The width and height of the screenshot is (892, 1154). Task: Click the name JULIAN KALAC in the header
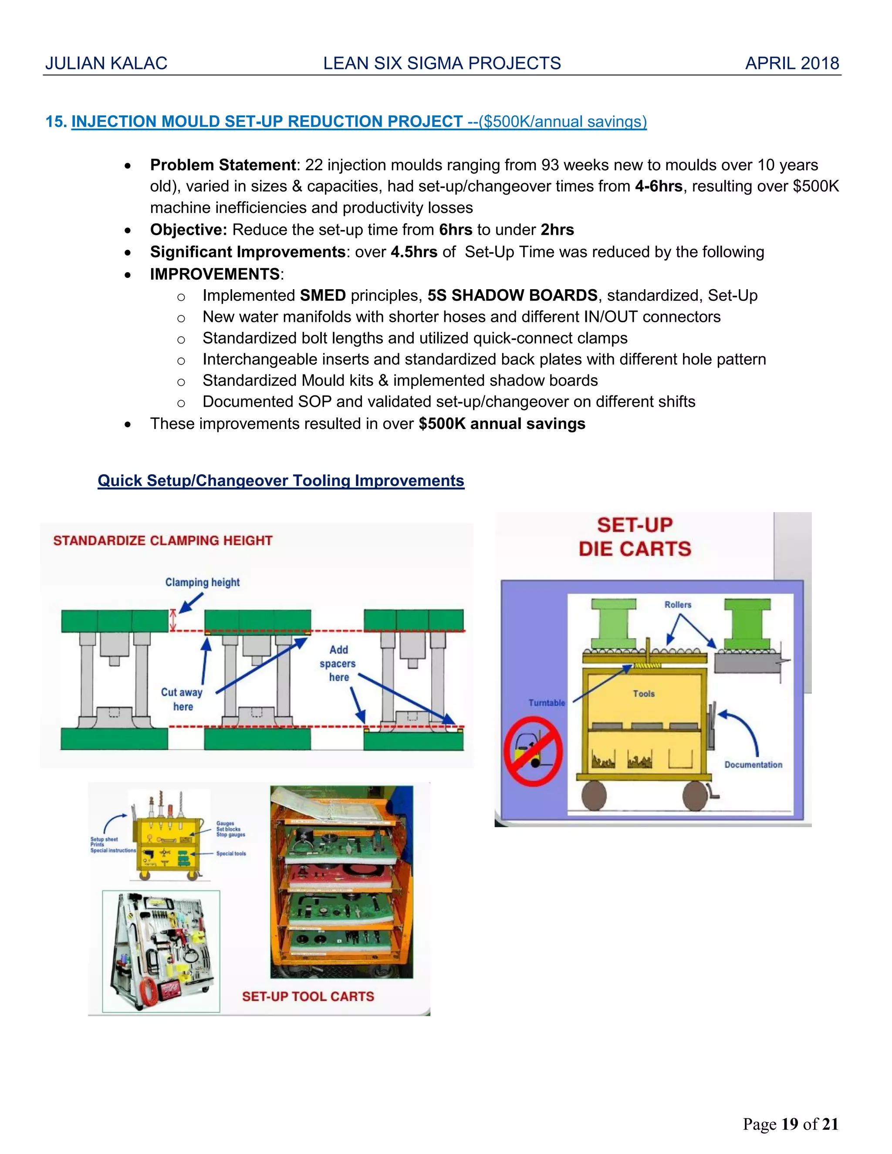pyautogui.click(x=106, y=64)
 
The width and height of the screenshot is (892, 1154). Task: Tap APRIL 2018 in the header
pyautogui.click(x=791, y=64)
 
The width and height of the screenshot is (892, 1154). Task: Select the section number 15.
pyautogui.click(x=55, y=121)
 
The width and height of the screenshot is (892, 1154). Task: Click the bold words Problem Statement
pyautogui.click(x=223, y=165)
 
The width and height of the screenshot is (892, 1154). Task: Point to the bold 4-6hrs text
pyautogui.click(x=659, y=186)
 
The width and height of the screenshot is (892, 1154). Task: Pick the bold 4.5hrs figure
pyautogui.click(x=414, y=252)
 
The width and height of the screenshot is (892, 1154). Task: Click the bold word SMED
pyautogui.click(x=323, y=295)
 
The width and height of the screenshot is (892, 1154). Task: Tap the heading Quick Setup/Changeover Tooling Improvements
pyautogui.click(x=280, y=480)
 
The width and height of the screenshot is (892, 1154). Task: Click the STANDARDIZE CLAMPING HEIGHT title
pyautogui.click(x=163, y=540)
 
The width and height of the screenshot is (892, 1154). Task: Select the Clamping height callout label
pyautogui.click(x=203, y=582)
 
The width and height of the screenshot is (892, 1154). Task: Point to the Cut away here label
pyautogui.click(x=182, y=699)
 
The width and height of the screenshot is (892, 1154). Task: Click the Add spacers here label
pyautogui.click(x=338, y=664)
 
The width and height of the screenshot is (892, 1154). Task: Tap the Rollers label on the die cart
pyautogui.click(x=677, y=604)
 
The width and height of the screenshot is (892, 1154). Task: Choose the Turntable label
pyautogui.click(x=547, y=703)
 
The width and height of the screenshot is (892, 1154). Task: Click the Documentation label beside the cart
pyautogui.click(x=753, y=765)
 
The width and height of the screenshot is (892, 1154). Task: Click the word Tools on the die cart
pyautogui.click(x=644, y=694)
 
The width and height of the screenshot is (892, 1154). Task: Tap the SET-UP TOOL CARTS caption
pyautogui.click(x=307, y=996)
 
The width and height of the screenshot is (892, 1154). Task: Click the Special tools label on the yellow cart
pyautogui.click(x=231, y=854)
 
